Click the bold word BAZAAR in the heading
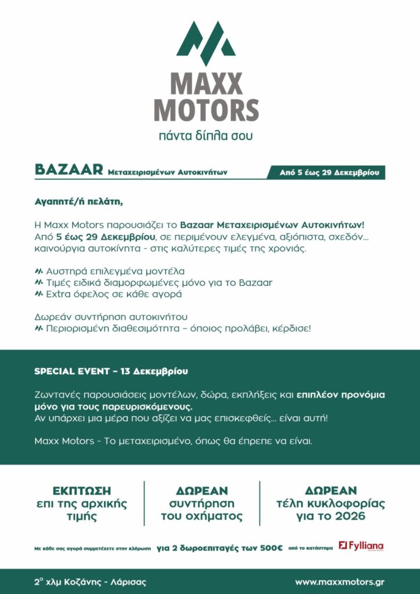coord(69,170)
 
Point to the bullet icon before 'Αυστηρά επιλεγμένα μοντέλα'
coord(39,271)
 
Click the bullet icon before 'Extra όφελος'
coord(39,294)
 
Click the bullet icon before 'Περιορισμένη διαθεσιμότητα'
coord(39,328)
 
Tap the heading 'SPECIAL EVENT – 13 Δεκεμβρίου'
coord(111,371)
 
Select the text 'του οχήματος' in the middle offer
coord(201,516)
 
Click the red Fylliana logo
coord(361,546)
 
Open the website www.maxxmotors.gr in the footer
coord(339,581)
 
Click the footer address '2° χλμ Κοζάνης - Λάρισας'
coord(90,581)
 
